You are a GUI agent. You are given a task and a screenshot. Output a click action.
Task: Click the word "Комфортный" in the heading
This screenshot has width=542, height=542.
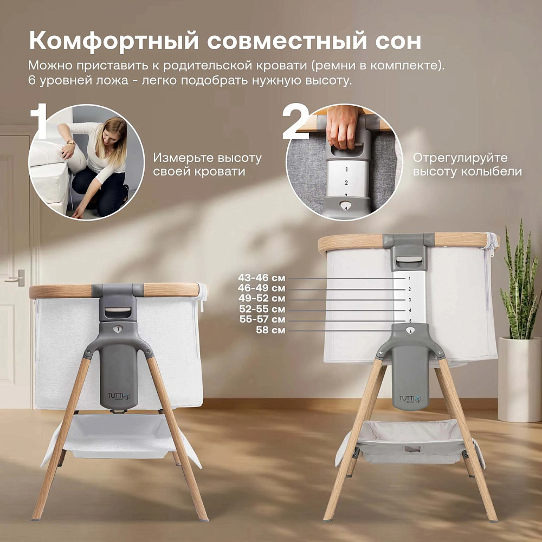[x=114, y=41]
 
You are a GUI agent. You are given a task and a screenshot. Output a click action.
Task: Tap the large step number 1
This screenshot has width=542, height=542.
[x=38, y=121]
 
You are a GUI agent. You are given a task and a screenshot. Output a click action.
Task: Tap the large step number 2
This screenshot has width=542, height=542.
[x=295, y=121]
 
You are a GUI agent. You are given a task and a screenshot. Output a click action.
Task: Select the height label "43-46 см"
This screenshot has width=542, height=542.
[x=262, y=278]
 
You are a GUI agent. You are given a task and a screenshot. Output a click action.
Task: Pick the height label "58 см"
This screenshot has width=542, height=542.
[x=270, y=330]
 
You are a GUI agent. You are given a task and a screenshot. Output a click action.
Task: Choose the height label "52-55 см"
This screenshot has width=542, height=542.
[x=262, y=309]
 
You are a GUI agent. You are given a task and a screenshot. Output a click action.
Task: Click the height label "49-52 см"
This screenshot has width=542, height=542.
[x=262, y=298]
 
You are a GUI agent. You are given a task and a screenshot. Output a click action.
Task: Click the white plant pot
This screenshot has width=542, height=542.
[x=520, y=379]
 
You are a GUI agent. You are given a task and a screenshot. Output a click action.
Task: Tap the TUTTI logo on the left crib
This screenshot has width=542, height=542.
[x=119, y=396]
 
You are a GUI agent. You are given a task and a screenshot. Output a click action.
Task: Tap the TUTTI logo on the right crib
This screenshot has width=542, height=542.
[x=410, y=399]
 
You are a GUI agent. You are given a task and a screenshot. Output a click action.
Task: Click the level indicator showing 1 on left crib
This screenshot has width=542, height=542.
[x=118, y=329]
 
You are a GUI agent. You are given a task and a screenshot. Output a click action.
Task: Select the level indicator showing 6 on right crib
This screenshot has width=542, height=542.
[x=410, y=331]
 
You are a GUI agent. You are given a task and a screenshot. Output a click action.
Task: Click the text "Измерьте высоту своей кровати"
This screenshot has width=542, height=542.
[x=208, y=165]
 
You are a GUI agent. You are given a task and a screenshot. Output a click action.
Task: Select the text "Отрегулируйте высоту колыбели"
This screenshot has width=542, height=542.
[x=467, y=165]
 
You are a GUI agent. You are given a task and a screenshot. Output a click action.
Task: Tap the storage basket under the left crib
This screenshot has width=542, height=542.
[x=119, y=437]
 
